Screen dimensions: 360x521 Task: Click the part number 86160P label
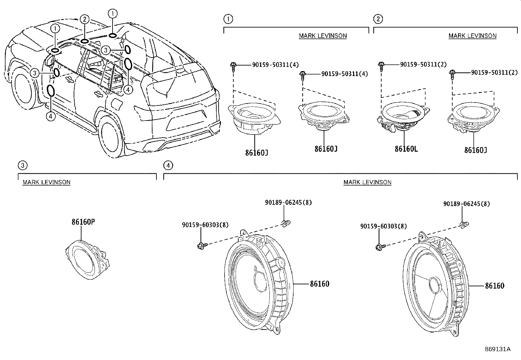(x=83, y=222)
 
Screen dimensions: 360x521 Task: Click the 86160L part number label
(x=406, y=149)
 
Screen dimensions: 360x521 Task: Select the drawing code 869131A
(x=497, y=349)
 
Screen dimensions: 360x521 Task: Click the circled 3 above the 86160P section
(x=22, y=165)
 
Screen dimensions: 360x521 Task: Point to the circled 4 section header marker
(x=168, y=165)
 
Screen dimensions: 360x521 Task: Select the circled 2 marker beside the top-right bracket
(x=378, y=19)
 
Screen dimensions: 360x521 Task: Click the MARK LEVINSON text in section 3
(x=46, y=182)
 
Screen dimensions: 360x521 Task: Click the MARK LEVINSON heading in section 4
(x=367, y=182)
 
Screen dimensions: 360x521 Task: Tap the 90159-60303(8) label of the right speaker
(x=384, y=226)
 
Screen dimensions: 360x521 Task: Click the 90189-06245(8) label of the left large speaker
(x=288, y=202)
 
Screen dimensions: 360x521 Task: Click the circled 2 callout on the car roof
(x=84, y=19)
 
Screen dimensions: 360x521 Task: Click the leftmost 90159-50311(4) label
(x=275, y=65)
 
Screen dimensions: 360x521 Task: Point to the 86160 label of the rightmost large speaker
(x=494, y=286)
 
